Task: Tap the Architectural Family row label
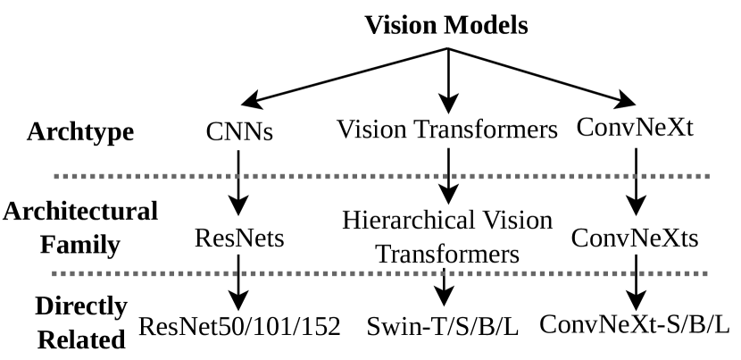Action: point(80,227)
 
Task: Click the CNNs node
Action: point(238,132)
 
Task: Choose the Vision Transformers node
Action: point(447,130)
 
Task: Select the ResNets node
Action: point(238,239)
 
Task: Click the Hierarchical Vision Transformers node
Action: point(447,236)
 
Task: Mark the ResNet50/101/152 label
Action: point(239,326)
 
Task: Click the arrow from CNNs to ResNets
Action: point(238,183)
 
